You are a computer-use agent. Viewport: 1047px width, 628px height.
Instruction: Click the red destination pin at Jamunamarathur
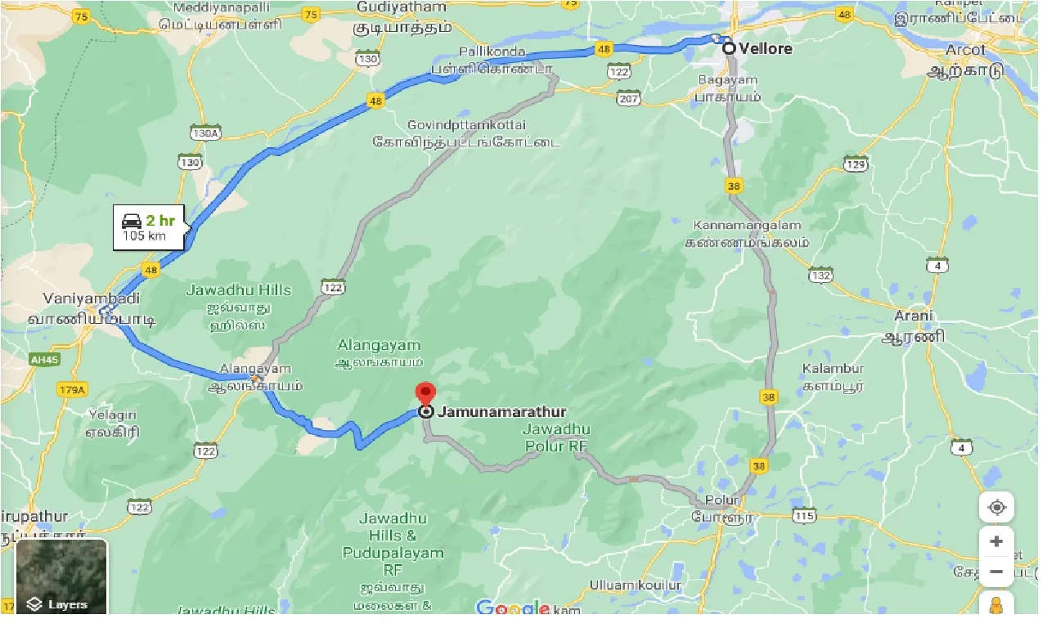point(425,393)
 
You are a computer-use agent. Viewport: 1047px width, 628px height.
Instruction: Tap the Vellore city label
point(766,48)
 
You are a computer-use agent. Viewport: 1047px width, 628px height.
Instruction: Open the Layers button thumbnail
point(62,577)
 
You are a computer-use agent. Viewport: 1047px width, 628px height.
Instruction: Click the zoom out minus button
point(996,572)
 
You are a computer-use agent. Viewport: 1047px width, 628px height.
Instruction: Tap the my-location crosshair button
point(996,507)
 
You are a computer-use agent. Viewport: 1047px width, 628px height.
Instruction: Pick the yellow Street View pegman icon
point(996,606)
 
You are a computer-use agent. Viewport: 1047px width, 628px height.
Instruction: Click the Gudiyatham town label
point(402,7)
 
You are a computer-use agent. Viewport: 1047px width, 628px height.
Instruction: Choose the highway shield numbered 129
point(856,164)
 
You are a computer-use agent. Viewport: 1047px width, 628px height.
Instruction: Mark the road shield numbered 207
point(627,99)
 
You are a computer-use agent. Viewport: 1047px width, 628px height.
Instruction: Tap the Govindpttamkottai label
point(466,124)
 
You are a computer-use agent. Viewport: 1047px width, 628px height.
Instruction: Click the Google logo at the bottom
point(513,608)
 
